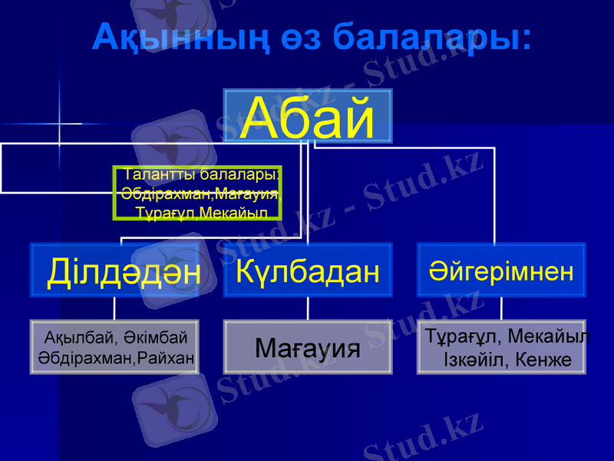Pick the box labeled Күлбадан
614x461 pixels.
click(x=308, y=270)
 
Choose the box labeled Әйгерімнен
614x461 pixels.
click(x=501, y=270)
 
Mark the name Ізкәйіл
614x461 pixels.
click(x=476, y=358)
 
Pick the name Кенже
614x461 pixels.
click(x=545, y=358)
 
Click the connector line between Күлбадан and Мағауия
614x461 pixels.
click(x=308, y=308)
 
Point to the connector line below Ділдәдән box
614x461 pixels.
click(x=114, y=308)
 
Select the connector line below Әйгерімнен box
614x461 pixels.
click(x=501, y=308)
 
